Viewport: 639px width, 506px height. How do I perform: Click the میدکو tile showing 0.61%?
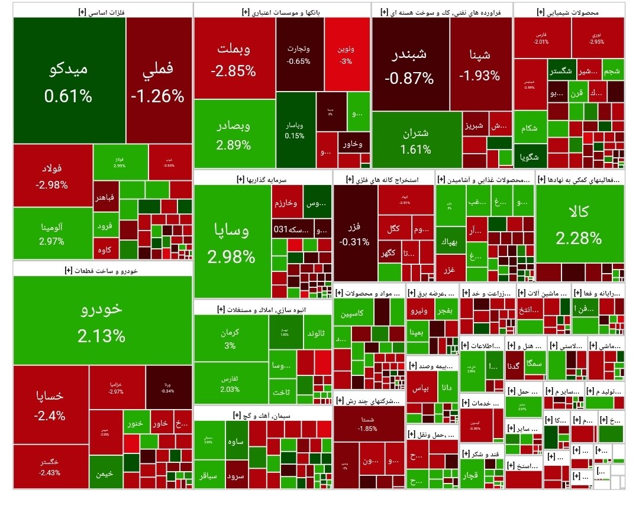[x=68, y=80]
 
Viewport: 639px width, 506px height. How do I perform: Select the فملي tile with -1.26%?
[x=158, y=80]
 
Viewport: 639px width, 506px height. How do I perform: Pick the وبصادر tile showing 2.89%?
[x=233, y=134]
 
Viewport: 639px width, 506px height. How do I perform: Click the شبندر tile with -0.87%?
[x=410, y=65]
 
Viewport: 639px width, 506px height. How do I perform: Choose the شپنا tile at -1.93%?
[x=480, y=65]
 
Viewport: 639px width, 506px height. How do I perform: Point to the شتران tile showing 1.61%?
[x=416, y=140]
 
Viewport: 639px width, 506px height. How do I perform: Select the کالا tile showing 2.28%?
[x=579, y=225]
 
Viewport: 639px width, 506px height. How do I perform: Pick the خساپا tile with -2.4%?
[x=50, y=405]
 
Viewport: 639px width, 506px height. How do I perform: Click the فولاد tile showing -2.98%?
[x=52, y=176]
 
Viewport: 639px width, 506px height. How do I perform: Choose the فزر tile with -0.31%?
[x=355, y=233]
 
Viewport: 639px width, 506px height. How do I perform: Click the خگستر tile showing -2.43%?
[x=50, y=467]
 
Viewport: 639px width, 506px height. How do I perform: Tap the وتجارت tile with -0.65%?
[x=299, y=54]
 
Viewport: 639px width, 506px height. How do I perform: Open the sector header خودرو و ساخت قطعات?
[x=102, y=270]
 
